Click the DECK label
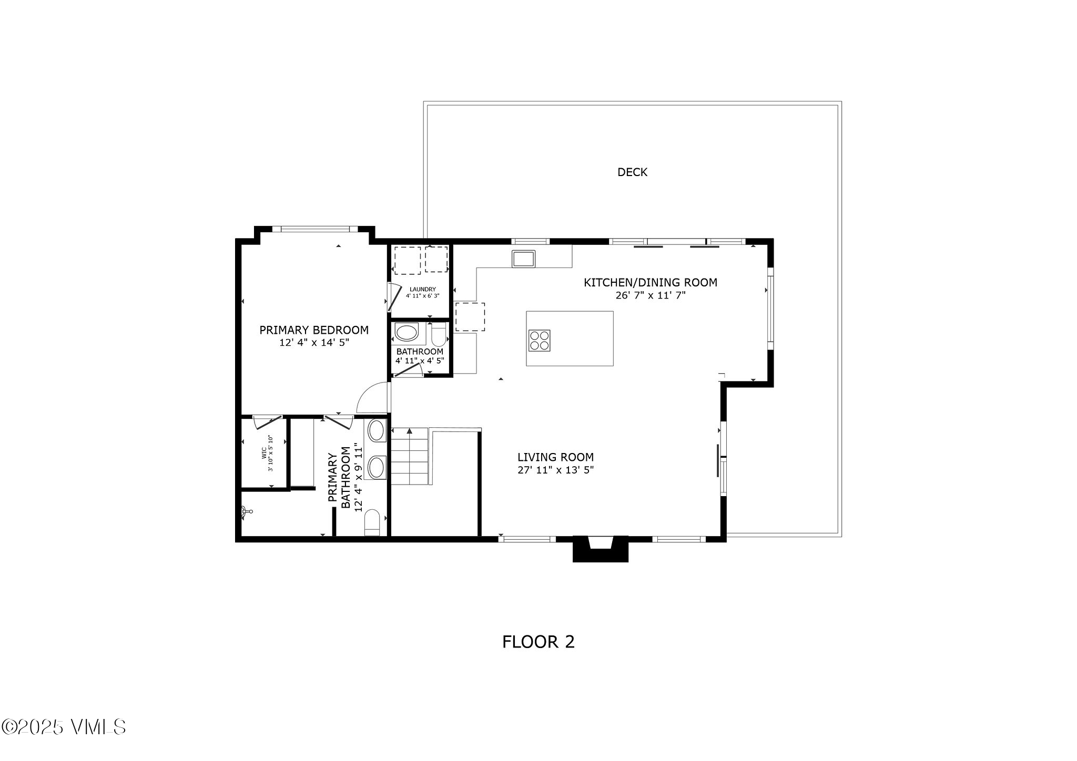pyautogui.click(x=632, y=172)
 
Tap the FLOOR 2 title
pyautogui.click(x=538, y=642)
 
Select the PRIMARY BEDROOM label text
pyautogui.click(x=314, y=330)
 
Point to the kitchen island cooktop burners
pyautogui.click(x=540, y=340)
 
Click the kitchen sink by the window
pyautogui.click(x=523, y=258)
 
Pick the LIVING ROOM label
pyautogui.click(x=555, y=457)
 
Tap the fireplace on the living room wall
pyautogui.click(x=601, y=549)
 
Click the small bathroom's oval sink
pyautogui.click(x=405, y=333)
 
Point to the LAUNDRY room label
pyautogui.click(x=422, y=289)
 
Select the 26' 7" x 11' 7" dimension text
pyautogui.click(x=651, y=295)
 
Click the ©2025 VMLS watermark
pyautogui.click(x=64, y=727)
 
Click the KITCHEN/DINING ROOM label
pyautogui.click(x=651, y=283)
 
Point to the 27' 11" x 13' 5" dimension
pyautogui.click(x=555, y=470)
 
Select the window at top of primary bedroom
pyautogui.click(x=315, y=229)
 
